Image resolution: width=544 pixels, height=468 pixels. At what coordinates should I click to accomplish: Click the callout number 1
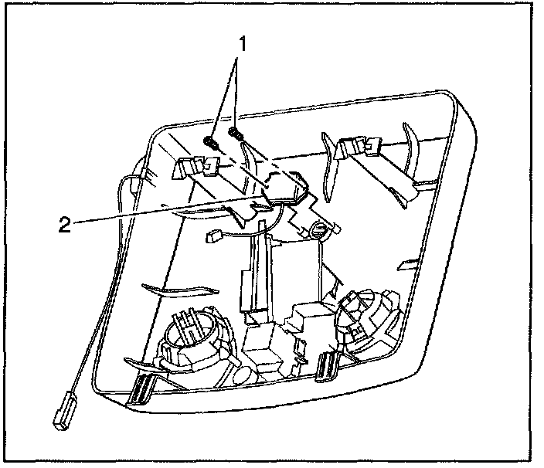point(242,44)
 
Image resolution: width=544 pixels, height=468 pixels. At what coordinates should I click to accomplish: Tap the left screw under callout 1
point(209,141)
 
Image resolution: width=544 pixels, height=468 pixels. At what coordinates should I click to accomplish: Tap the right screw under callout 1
point(237,137)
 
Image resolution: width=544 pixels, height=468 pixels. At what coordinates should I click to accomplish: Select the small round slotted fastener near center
point(320,229)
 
